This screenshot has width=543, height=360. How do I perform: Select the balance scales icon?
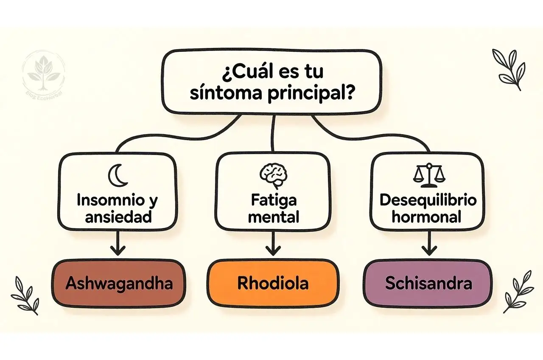427,175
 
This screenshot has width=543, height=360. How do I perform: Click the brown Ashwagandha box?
119,283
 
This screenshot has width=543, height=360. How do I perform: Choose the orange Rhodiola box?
273,283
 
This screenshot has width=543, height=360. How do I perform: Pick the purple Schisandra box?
428,283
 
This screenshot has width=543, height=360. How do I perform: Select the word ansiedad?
118,217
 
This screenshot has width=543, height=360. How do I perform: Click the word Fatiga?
273,200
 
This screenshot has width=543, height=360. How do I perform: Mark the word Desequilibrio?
428,200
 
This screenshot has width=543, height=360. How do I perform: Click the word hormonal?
426,217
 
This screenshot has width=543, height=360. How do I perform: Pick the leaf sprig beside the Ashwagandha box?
26,295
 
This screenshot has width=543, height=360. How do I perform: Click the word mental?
273,217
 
